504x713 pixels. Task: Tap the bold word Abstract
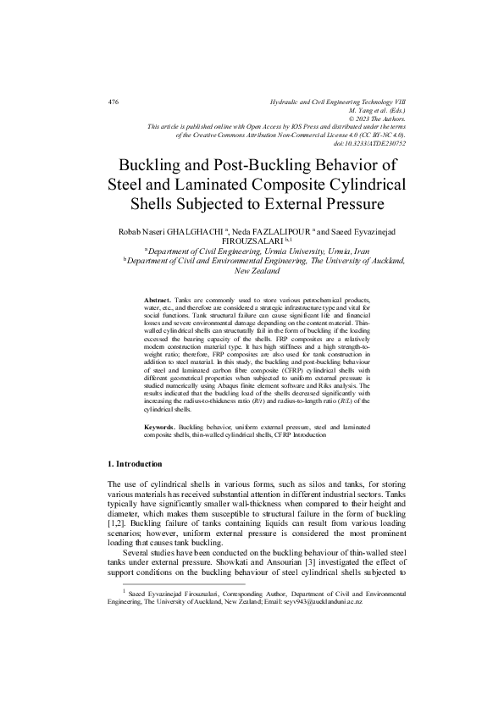point(158,301)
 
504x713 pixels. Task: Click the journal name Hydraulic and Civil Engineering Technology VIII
point(337,102)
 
